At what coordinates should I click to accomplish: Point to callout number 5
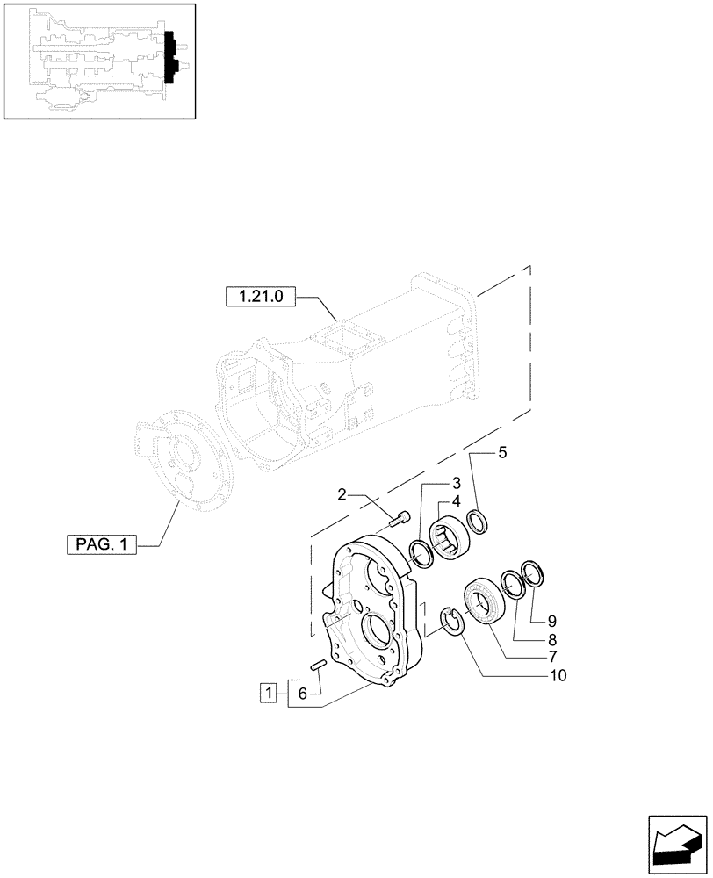pyautogui.click(x=502, y=454)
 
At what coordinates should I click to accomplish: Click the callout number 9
pyautogui.click(x=551, y=620)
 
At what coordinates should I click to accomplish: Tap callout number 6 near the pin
pyautogui.click(x=302, y=694)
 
